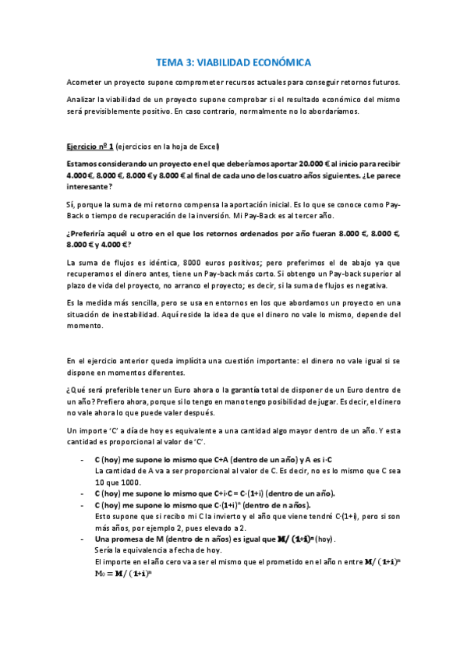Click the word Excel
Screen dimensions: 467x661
pos(208,147)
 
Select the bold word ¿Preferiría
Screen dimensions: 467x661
pos(91,233)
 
